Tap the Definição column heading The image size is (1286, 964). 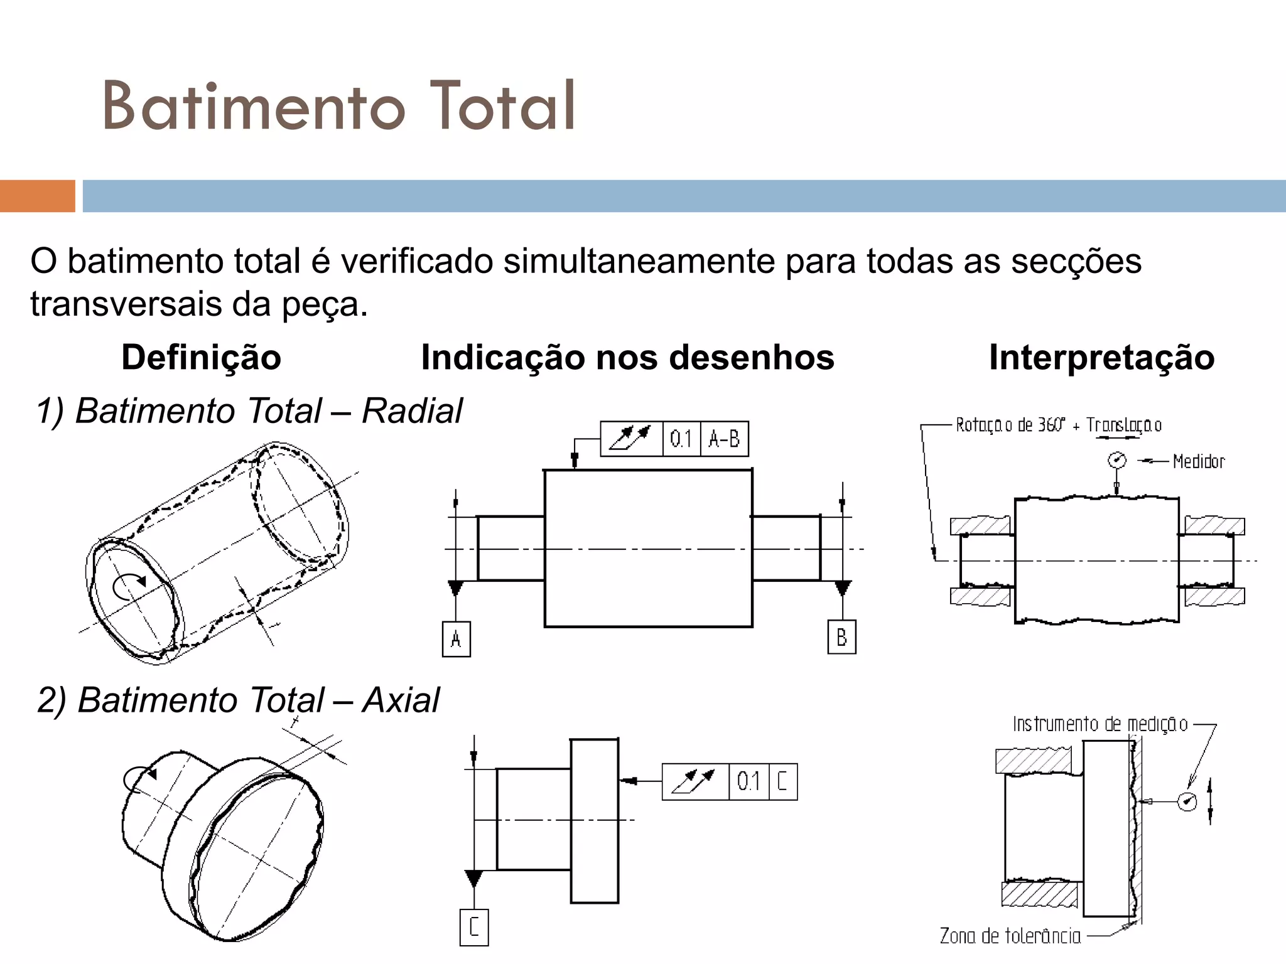[201, 357]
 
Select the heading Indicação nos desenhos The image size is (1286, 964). [627, 357]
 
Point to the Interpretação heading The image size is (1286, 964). [1101, 357]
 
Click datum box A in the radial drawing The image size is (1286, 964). [457, 639]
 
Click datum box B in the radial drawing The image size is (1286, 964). [841, 637]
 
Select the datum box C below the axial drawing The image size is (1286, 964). [474, 927]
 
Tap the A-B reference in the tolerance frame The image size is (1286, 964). [724, 438]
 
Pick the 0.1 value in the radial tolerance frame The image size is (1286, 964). [681, 438]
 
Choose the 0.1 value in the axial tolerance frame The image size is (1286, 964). [748, 781]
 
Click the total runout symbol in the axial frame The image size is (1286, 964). [694, 781]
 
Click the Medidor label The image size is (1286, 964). [1198, 461]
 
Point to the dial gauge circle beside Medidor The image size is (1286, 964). [1116, 460]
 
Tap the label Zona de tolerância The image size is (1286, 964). [1010, 936]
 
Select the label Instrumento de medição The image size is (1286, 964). [1100, 724]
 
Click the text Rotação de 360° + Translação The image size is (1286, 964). [1058, 425]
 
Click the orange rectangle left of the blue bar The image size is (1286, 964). [38, 196]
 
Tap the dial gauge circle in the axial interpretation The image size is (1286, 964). [1187, 801]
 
